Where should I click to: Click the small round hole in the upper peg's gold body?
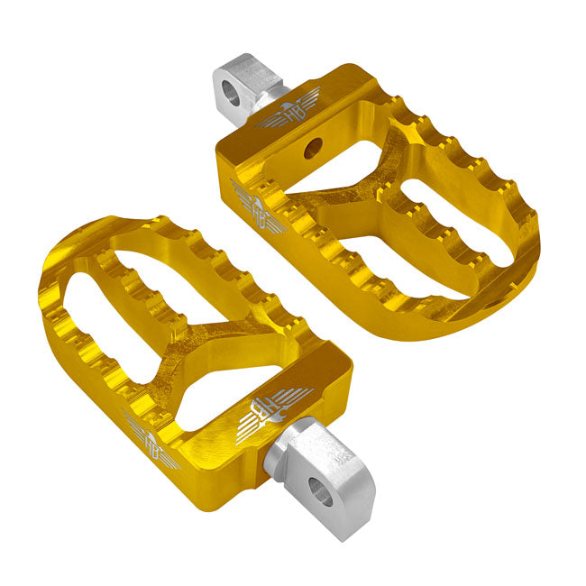point(313,148)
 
